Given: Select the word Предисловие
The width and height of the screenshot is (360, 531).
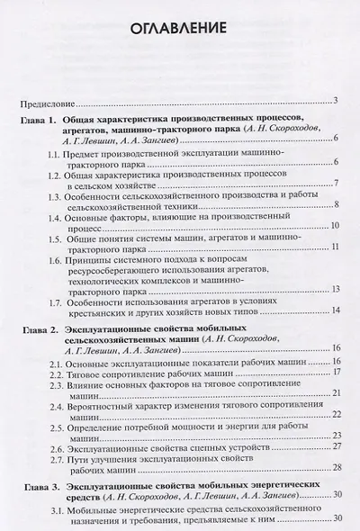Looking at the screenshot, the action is click(49, 102).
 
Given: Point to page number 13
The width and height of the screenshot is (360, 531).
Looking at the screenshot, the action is click(334, 289).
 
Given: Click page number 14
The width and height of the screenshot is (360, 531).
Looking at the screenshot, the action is click(334, 311).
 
